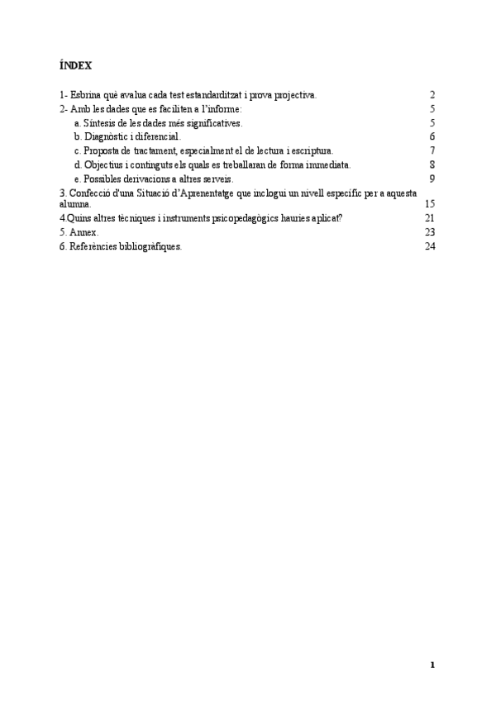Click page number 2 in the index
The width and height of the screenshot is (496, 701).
(432, 96)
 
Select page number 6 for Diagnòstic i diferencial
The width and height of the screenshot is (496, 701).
(432, 136)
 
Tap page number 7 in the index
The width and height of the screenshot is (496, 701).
(432, 150)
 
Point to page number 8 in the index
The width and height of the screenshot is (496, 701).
(432, 165)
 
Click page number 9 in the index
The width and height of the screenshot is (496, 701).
(432, 179)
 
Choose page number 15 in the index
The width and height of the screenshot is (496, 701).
(429, 203)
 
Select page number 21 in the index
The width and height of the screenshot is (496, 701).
(429, 217)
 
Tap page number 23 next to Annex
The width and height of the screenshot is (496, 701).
(429, 232)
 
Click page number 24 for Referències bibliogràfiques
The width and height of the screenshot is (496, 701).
(429, 246)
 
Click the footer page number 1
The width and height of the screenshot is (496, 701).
(432, 665)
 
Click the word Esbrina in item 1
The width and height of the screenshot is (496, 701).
(86, 96)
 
